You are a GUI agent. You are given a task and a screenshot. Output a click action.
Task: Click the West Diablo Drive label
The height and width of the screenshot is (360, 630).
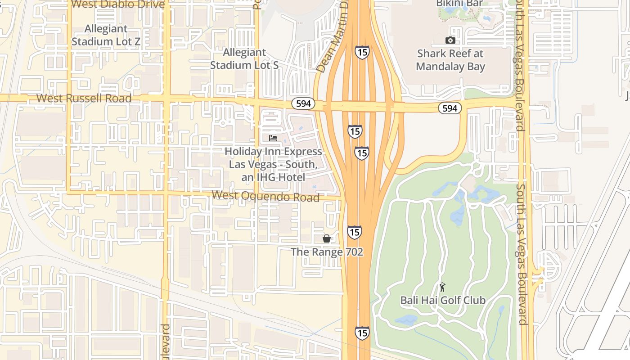pyautogui.click(x=118, y=4)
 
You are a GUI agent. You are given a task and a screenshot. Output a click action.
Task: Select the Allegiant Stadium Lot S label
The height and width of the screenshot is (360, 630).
pyautogui.click(x=244, y=59)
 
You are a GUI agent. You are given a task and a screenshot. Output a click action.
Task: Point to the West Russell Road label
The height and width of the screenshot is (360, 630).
pyautogui.click(x=84, y=98)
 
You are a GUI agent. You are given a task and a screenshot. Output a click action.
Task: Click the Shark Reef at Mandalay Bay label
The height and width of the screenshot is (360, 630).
pyautogui.click(x=450, y=60)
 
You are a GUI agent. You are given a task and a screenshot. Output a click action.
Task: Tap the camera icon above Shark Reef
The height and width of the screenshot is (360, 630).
pyautogui.click(x=450, y=40)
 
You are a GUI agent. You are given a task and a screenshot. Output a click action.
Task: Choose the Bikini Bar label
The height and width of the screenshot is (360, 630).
pyautogui.click(x=459, y=4)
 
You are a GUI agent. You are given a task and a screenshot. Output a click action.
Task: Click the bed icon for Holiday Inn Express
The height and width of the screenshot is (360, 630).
pyautogui.click(x=273, y=138)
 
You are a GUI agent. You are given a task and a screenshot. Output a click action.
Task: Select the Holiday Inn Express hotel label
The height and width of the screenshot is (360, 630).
pyautogui.click(x=273, y=164)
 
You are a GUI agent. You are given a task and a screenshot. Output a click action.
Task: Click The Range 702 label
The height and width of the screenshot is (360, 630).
pyautogui.click(x=327, y=252)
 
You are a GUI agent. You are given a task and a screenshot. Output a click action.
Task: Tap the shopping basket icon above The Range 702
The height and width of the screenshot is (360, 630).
pyautogui.click(x=327, y=238)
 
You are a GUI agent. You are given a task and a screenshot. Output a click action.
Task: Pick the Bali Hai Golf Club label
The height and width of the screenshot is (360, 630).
pyautogui.click(x=443, y=300)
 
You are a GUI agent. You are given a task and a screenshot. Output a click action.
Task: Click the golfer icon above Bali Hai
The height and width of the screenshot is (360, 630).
pyautogui.click(x=442, y=287)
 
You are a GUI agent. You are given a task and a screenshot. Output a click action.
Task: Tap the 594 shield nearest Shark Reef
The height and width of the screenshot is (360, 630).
pyautogui.click(x=450, y=108)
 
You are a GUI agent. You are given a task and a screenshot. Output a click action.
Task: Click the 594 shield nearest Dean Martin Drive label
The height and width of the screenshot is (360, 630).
pyautogui.click(x=303, y=103)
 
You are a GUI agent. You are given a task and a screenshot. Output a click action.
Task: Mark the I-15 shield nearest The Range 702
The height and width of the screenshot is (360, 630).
pyautogui.click(x=354, y=232)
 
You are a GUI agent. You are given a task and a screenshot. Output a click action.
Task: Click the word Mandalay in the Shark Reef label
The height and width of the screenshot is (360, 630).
pyautogui.click(x=450, y=67)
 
